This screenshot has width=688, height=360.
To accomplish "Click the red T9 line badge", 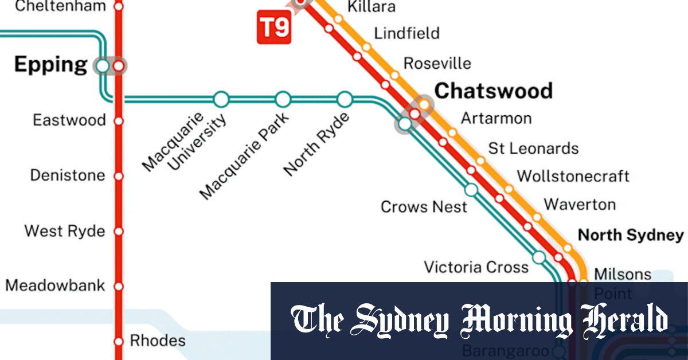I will pyautogui.click(x=275, y=28).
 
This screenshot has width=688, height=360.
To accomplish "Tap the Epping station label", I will pyautogui.click(x=50, y=64).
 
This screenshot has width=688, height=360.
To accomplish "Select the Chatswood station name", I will pyautogui.click(x=493, y=91).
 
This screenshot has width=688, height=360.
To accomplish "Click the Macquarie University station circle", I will pyautogui.click(x=221, y=100).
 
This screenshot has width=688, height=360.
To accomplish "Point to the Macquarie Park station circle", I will pyautogui.click(x=283, y=100).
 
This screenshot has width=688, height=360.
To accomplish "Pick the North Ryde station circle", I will pyautogui.click(x=345, y=100).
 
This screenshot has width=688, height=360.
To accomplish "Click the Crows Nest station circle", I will pyautogui.click(x=471, y=190).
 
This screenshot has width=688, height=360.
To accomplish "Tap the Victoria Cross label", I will pyautogui.click(x=476, y=267).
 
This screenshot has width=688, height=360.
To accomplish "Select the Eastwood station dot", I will pyautogui.click(x=119, y=121).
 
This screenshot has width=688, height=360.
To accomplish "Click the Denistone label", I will pyautogui.click(x=68, y=175).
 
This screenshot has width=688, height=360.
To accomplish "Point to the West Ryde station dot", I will pyautogui.click(x=119, y=232).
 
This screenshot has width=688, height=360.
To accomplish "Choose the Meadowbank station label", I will pyautogui.click(x=55, y=285).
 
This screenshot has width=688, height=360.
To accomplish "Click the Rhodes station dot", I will pyautogui.click(x=119, y=341).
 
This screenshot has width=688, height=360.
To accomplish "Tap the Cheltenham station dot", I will pyautogui.click(x=119, y=7).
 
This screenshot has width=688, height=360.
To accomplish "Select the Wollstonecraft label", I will pyautogui.click(x=573, y=175).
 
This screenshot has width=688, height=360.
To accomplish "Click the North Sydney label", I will pyautogui.click(x=631, y=235).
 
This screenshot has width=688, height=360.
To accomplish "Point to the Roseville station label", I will pyautogui.click(x=437, y=63).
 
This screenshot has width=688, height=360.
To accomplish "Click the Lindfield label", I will pyautogui.click(x=406, y=33).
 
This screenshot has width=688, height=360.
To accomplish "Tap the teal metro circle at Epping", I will pyautogui.click(x=103, y=66).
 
